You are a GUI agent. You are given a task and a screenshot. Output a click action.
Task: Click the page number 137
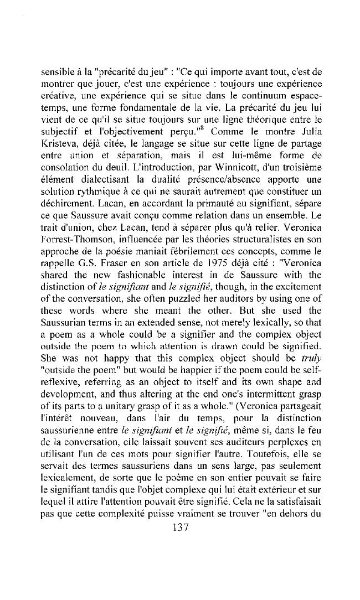[x=181, y=527]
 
